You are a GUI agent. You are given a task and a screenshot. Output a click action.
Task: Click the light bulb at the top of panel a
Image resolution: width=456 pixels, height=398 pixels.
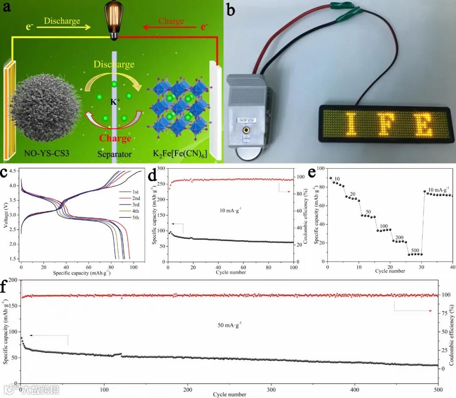(x=113, y=22)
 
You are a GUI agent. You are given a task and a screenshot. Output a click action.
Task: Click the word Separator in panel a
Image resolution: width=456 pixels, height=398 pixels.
(x=114, y=154)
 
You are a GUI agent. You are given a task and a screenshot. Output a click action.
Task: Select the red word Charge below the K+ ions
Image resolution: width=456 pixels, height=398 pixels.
(x=115, y=138)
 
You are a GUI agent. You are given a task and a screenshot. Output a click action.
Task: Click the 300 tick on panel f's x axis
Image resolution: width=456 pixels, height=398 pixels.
(x=271, y=389)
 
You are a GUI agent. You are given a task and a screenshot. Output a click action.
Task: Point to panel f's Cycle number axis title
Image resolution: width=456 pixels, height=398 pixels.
(x=229, y=395)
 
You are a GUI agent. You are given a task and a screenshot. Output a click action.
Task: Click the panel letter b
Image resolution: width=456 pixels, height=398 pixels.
(x=231, y=9)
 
